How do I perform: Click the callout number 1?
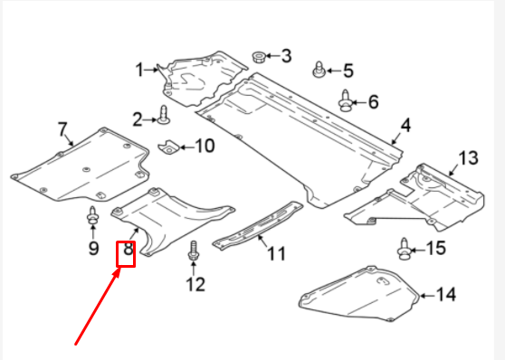tap(140, 70)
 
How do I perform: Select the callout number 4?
tap(406, 124)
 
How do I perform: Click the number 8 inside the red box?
tap(127, 252)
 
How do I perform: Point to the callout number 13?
tap(466, 159)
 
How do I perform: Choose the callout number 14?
tap(445, 293)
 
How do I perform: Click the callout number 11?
tap(276, 253)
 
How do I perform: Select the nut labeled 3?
tap(258, 56)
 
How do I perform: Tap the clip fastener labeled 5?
tap(318, 70)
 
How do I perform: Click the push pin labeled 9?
tap(92, 218)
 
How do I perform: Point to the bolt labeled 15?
tap(404, 246)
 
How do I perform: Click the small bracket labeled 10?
tap(169, 146)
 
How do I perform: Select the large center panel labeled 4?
tap(299, 136)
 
